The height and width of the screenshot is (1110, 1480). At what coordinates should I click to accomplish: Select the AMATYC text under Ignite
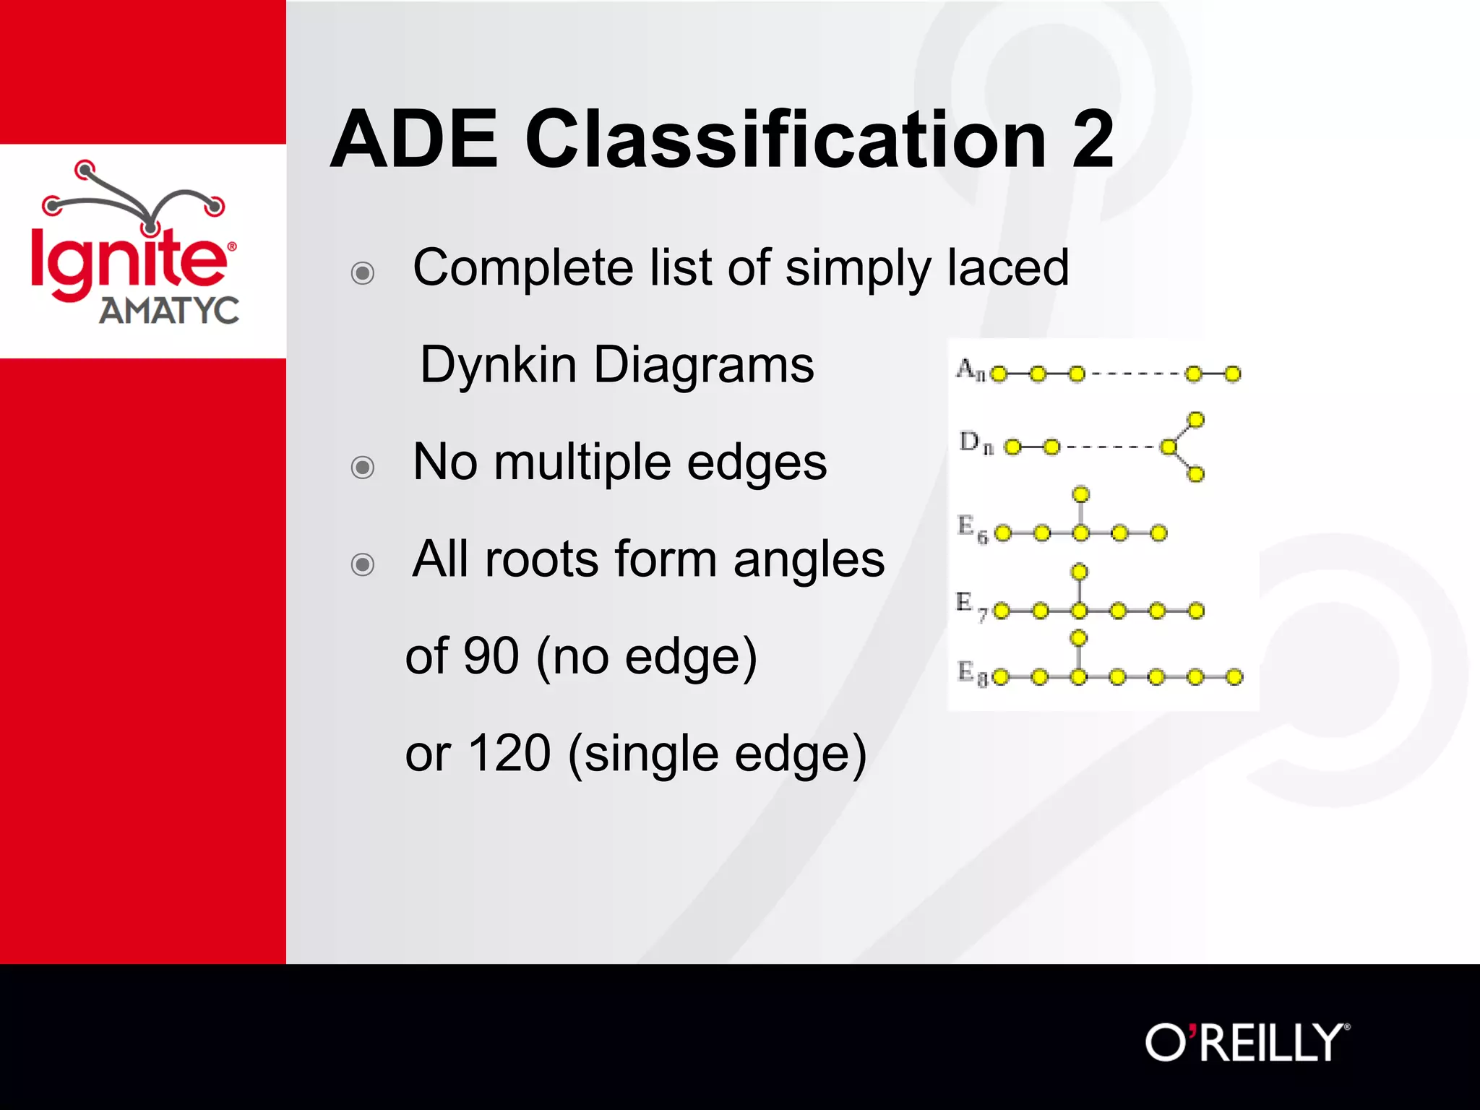pyautogui.click(x=169, y=311)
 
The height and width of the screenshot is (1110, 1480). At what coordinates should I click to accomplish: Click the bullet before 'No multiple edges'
pyautogui.click(x=363, y=468)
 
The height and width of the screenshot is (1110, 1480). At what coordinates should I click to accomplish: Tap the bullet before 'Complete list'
pyautogui.click(x=363, y=273)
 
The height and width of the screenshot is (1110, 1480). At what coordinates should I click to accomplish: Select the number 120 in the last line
pyautogui.click(x=509, y=754)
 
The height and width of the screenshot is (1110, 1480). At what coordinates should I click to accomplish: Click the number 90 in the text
pyautogui.click(x=491, y=656)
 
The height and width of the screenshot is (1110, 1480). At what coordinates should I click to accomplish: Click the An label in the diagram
pyautogui.click(x=970, y=370)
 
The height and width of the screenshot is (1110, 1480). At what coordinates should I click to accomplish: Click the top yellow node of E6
pyautogui.click(x=1081, y=495)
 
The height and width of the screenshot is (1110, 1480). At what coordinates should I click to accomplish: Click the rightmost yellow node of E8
pyautogui.click(x=1234, y=677)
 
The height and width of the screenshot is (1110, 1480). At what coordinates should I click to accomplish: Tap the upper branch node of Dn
pyautogui.click(x=1196, y=420)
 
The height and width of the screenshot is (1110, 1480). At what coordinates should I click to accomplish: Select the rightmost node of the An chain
pyautogui.click(x=1233, y=374)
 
